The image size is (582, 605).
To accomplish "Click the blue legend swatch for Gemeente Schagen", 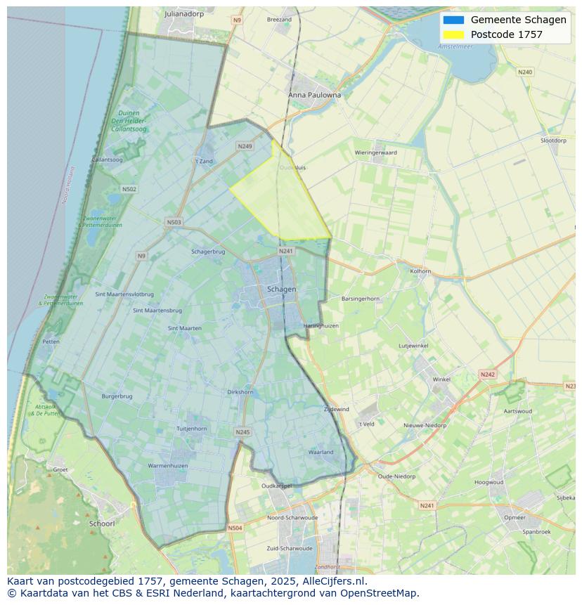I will tap(453, 20).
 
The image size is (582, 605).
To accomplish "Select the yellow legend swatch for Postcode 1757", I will tap(453, 34).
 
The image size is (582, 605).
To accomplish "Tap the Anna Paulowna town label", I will tap(314, 95).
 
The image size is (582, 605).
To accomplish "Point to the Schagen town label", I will tap(282, 289).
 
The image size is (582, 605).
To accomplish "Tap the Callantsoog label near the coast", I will tap(108, 160).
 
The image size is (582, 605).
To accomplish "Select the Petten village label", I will tap(51, 341).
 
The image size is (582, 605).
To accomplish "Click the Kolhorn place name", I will tap(420, 271).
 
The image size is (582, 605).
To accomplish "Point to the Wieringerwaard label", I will tap(375, 152).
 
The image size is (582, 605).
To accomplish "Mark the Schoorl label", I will tap(102, 523).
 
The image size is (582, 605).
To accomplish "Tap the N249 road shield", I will tap(245, 146).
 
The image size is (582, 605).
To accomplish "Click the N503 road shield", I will tap(174, 222).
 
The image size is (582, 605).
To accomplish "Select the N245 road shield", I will tap(242, 432).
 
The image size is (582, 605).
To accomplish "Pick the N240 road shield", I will tap(525, 72).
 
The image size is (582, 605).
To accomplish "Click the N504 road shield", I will tap(235, 528).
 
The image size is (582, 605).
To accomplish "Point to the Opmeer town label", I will tap(515, 517).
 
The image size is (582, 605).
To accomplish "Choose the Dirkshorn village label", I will tap(240, 392).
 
